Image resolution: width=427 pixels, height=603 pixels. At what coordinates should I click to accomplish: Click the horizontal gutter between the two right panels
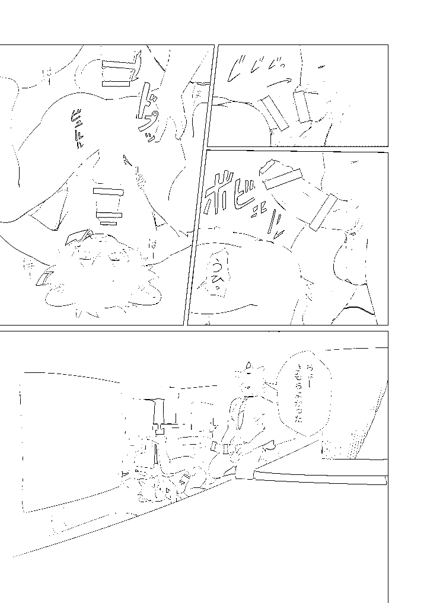click(x=297, y=148)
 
